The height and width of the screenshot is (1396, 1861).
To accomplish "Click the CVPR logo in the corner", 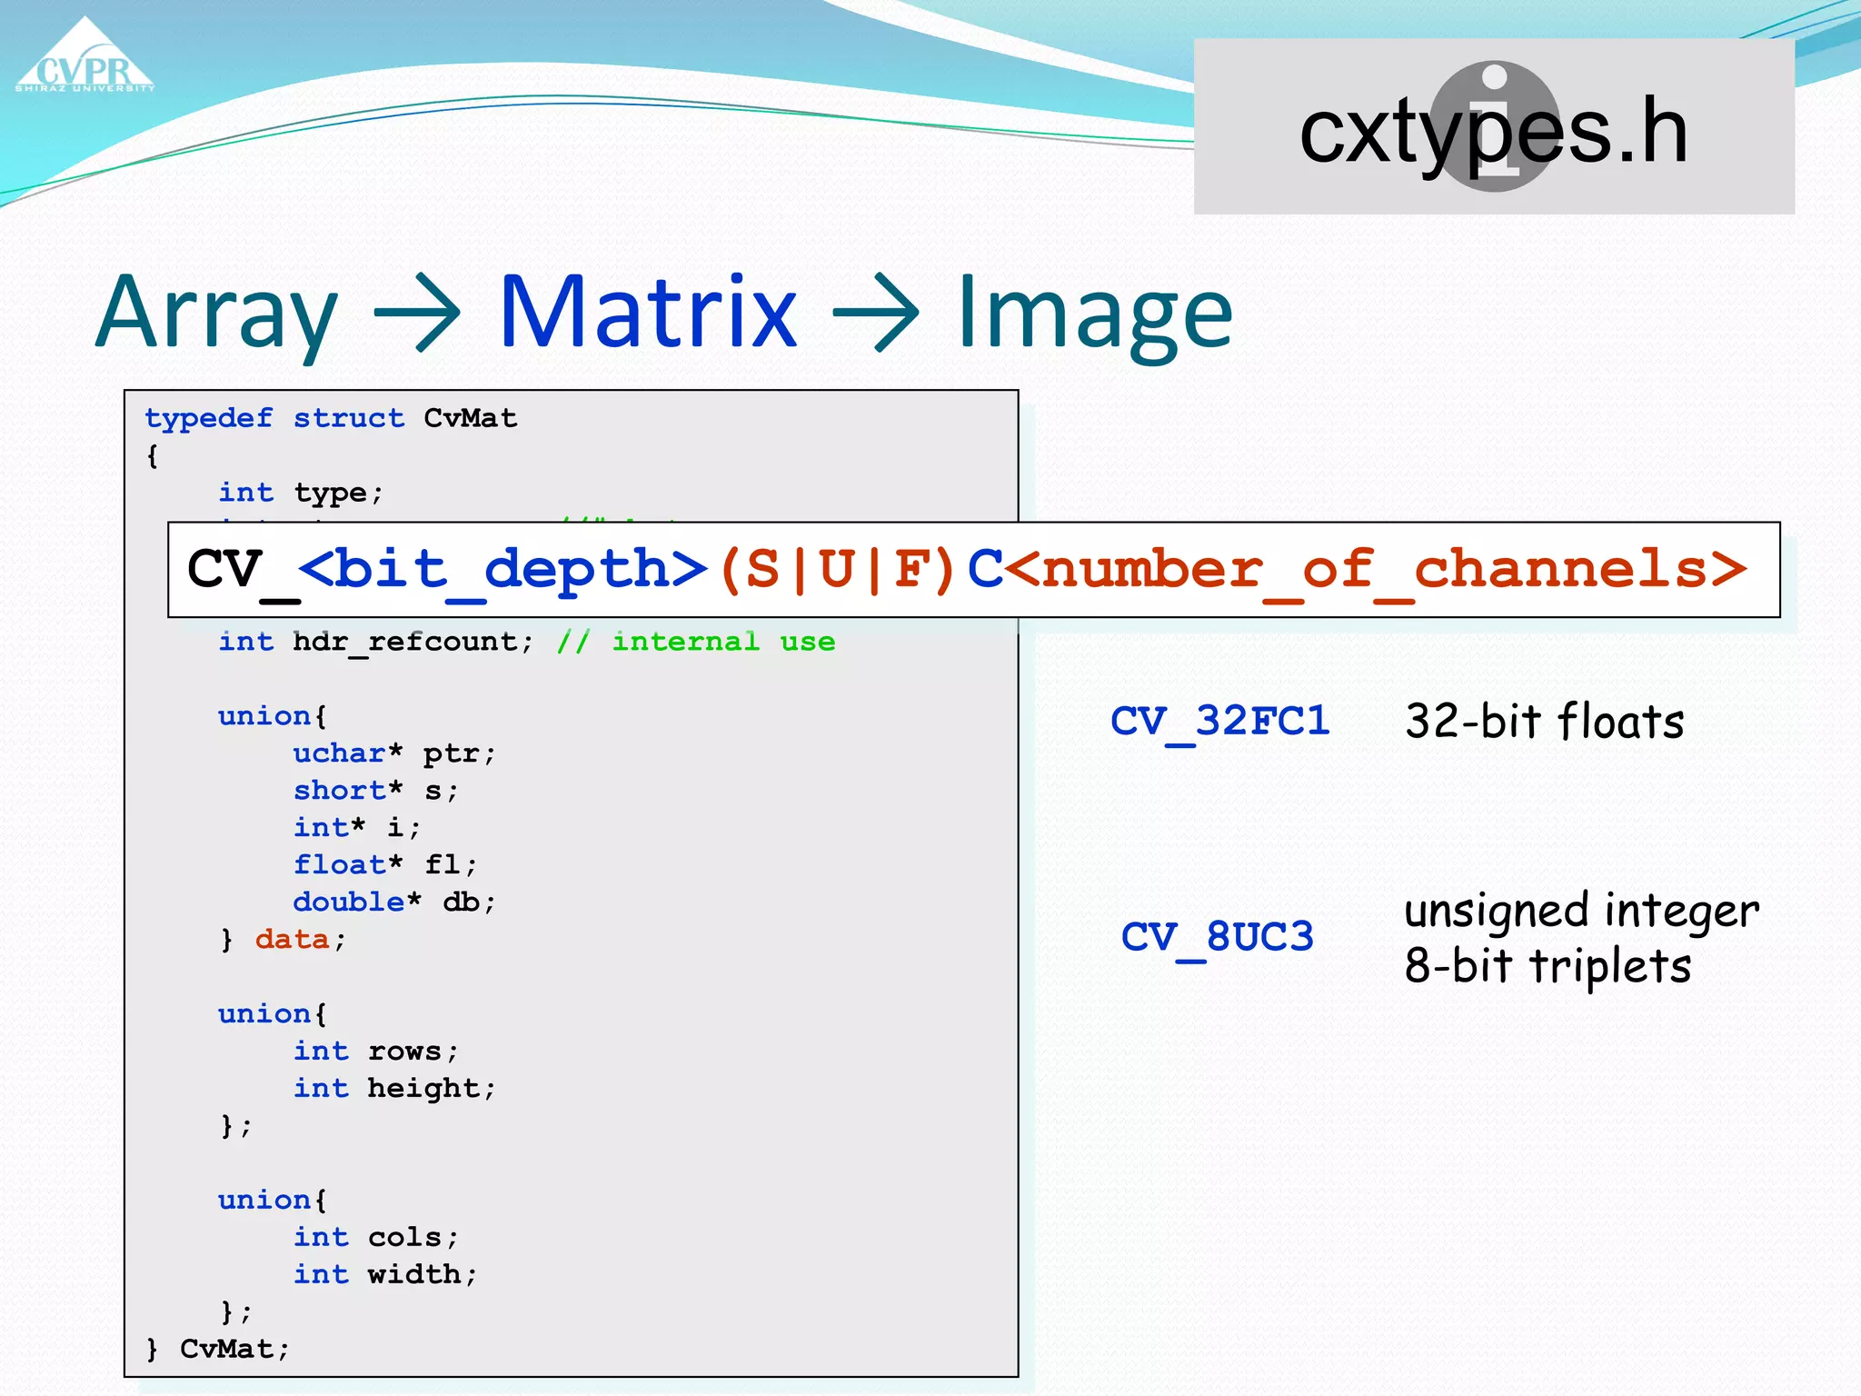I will tap(85, 60).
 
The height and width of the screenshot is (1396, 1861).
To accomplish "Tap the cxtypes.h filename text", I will tap(1493, 132).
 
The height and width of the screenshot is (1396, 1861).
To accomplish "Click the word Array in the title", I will tap(217, 313).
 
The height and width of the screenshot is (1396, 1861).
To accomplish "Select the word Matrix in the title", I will tap(648, 313).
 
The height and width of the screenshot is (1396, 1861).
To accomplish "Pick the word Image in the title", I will tap(1095, 314).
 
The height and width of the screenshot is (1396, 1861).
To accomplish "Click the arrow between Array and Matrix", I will tap(417, 314).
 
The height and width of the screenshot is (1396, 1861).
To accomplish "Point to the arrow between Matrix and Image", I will tap(876, 314).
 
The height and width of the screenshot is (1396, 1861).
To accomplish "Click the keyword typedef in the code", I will tap(208, 418).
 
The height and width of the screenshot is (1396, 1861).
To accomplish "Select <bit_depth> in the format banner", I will tap(503, 570).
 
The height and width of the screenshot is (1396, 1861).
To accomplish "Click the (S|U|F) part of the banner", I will tap(836, 570).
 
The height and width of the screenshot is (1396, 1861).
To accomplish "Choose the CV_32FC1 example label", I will tap(1219, 722).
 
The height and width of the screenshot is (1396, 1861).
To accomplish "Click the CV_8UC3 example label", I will tap(1218, 937).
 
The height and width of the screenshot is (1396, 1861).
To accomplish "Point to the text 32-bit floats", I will tap(1544, 722).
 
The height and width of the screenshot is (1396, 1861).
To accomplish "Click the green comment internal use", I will tap(722, 642).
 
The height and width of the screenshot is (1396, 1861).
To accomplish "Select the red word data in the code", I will tap(292, 939).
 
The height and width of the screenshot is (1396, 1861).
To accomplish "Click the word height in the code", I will tap(423, 1088).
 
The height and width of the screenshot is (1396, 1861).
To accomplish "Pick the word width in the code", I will tap(413, 1274).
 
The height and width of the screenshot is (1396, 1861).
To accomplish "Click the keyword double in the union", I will tap(348, 902).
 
